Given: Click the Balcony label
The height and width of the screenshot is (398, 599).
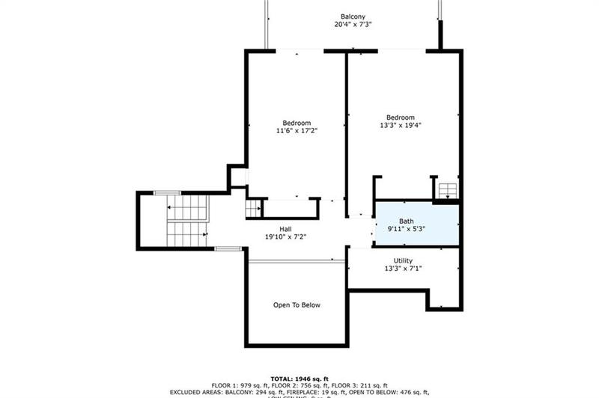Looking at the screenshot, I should click(x=353, y=15).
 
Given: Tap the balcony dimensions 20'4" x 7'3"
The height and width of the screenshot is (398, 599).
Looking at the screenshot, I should click(x=353, y=24).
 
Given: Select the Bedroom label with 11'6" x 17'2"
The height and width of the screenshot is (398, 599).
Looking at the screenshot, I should click(x=297, y=123).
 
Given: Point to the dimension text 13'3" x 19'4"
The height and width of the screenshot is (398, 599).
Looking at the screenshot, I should click(x=401, y=126).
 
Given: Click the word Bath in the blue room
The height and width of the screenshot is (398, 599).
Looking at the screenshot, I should click(x=406, y=221).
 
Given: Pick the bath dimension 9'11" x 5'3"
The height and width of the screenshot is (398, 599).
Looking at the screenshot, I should click(x=406, y=230).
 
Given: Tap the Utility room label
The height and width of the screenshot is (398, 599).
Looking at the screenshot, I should click(x=403, y=260).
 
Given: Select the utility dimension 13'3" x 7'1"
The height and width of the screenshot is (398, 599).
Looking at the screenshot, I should click(x=403, y=269).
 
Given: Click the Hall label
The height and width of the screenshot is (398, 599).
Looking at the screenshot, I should click(x=286, y=228).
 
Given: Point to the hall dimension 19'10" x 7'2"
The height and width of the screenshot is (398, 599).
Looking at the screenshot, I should click(x=286, y=237).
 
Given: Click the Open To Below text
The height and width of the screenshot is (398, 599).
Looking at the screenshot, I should click(x=297, y=304).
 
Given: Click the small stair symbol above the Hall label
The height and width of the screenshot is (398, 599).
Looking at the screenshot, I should click(x=254, y=209).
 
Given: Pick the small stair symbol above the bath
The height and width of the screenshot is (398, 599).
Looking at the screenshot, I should click(x=447, y=191).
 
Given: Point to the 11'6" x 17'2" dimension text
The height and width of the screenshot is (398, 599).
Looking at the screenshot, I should click(x=297, y=132).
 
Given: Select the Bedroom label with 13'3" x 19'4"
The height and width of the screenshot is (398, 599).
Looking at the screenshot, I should click(x=401, y=117).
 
